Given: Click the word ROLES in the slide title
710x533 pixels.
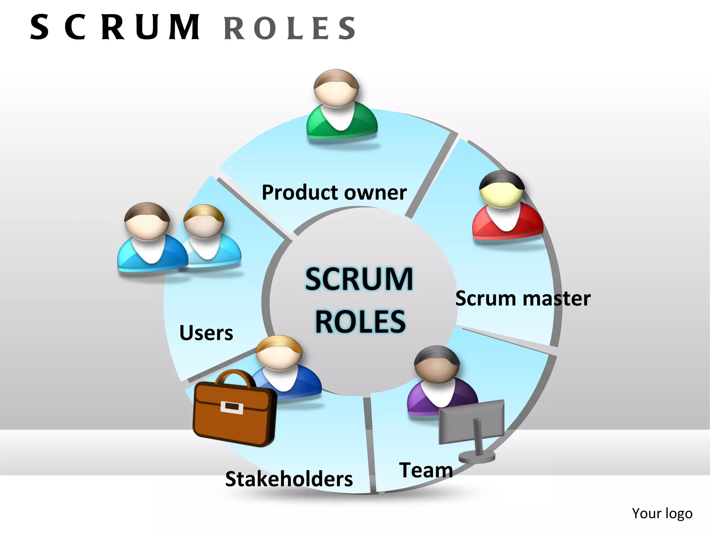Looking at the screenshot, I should pos(290,28).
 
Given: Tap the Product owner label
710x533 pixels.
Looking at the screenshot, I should pos(334,193).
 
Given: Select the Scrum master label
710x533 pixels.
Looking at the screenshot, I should pos(523,298).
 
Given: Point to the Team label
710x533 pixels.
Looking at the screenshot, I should pos(426,470).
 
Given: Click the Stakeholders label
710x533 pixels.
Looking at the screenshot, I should pos(289,479).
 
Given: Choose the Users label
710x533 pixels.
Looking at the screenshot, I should pos(206,333).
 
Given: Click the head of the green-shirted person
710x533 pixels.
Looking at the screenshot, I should pos(336,88).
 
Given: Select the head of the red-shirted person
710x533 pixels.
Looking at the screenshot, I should pos(502,190).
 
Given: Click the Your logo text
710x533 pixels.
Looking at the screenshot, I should pos(662,514).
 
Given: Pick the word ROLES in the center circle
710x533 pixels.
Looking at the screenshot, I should pos(360,322).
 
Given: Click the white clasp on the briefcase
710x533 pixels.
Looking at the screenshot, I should pos(232,407).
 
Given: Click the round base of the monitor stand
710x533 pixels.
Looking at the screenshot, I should pos(477,457).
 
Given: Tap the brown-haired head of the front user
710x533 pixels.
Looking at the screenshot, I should pos(147,222).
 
